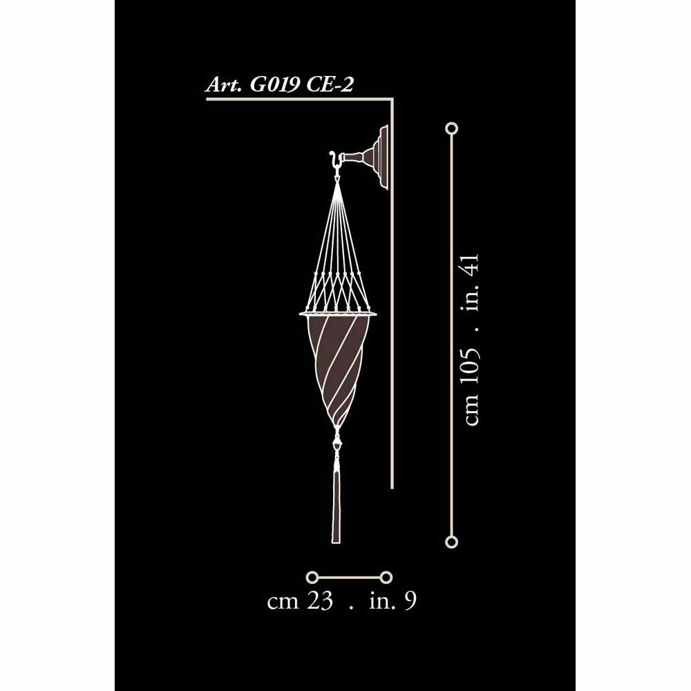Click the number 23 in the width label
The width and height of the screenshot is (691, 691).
pos(319,601)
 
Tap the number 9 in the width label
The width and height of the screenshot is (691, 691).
pos(410,601)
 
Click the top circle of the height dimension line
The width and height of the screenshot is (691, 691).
pos(452,129)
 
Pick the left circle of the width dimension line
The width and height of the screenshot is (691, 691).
pos(312,576)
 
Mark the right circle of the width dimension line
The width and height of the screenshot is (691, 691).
pos(386,576)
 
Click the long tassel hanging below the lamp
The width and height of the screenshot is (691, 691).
pos(337,504)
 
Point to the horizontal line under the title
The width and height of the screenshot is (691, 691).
pos(297,100)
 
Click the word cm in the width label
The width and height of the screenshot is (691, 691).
pos(283,601)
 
